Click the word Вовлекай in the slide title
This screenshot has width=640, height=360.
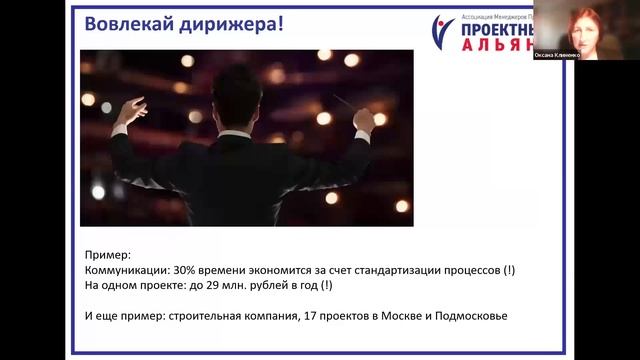[x=118, y=24]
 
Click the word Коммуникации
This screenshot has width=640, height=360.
[x=125, y=271]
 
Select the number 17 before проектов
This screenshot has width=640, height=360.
[x=335, y=316]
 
